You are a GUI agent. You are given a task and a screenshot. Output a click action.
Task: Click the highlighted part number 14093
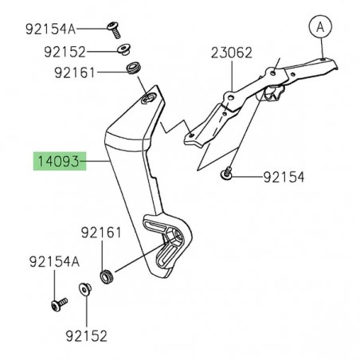pos(58,162)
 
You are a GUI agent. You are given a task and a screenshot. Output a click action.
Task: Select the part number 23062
pos(231,54)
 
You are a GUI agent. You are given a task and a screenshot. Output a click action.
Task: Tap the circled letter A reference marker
pos(320,27)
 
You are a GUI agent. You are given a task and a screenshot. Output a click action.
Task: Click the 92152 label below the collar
pos(86,337)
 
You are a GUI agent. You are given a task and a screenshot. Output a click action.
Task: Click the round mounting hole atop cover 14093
pos(148,100)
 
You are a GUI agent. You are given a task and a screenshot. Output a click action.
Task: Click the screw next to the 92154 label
pos(228,171)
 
